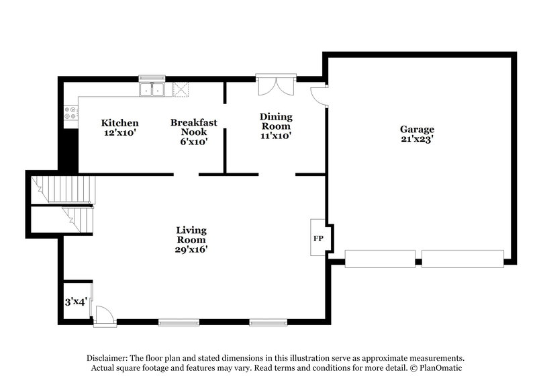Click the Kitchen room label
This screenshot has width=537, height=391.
(x=119, y=123)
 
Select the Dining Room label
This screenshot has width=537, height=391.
(x=275, y=121)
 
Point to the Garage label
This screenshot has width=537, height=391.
(x=417, y=130)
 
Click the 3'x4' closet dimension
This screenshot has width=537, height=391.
(x=75, y=302)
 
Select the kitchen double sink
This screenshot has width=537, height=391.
(x=152, y=89)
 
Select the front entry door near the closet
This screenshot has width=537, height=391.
(x=103, y=316)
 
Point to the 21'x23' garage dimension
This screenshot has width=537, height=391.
(x=417, y=140)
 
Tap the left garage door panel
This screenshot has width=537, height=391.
(x=380, y=258)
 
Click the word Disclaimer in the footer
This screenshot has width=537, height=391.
(x=109, y=358)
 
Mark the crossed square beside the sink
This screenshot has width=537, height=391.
(x=180, y=89)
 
